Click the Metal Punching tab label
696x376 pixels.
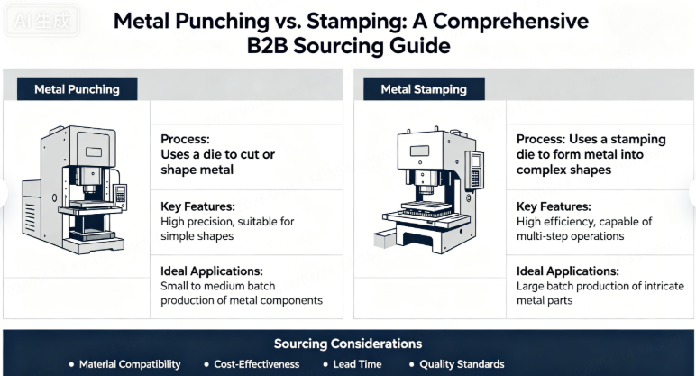78,89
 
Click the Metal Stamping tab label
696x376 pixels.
424,89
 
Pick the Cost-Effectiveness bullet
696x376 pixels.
255,364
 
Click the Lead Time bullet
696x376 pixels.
357,364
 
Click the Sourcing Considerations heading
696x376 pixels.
347,344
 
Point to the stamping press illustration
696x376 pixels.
429,191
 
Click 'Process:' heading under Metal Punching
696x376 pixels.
186,140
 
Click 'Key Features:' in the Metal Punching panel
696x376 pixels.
198,206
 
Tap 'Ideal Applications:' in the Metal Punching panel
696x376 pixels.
212,271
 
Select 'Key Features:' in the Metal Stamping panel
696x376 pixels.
554,206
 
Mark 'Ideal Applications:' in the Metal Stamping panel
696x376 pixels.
568,271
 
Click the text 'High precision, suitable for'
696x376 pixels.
226,221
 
